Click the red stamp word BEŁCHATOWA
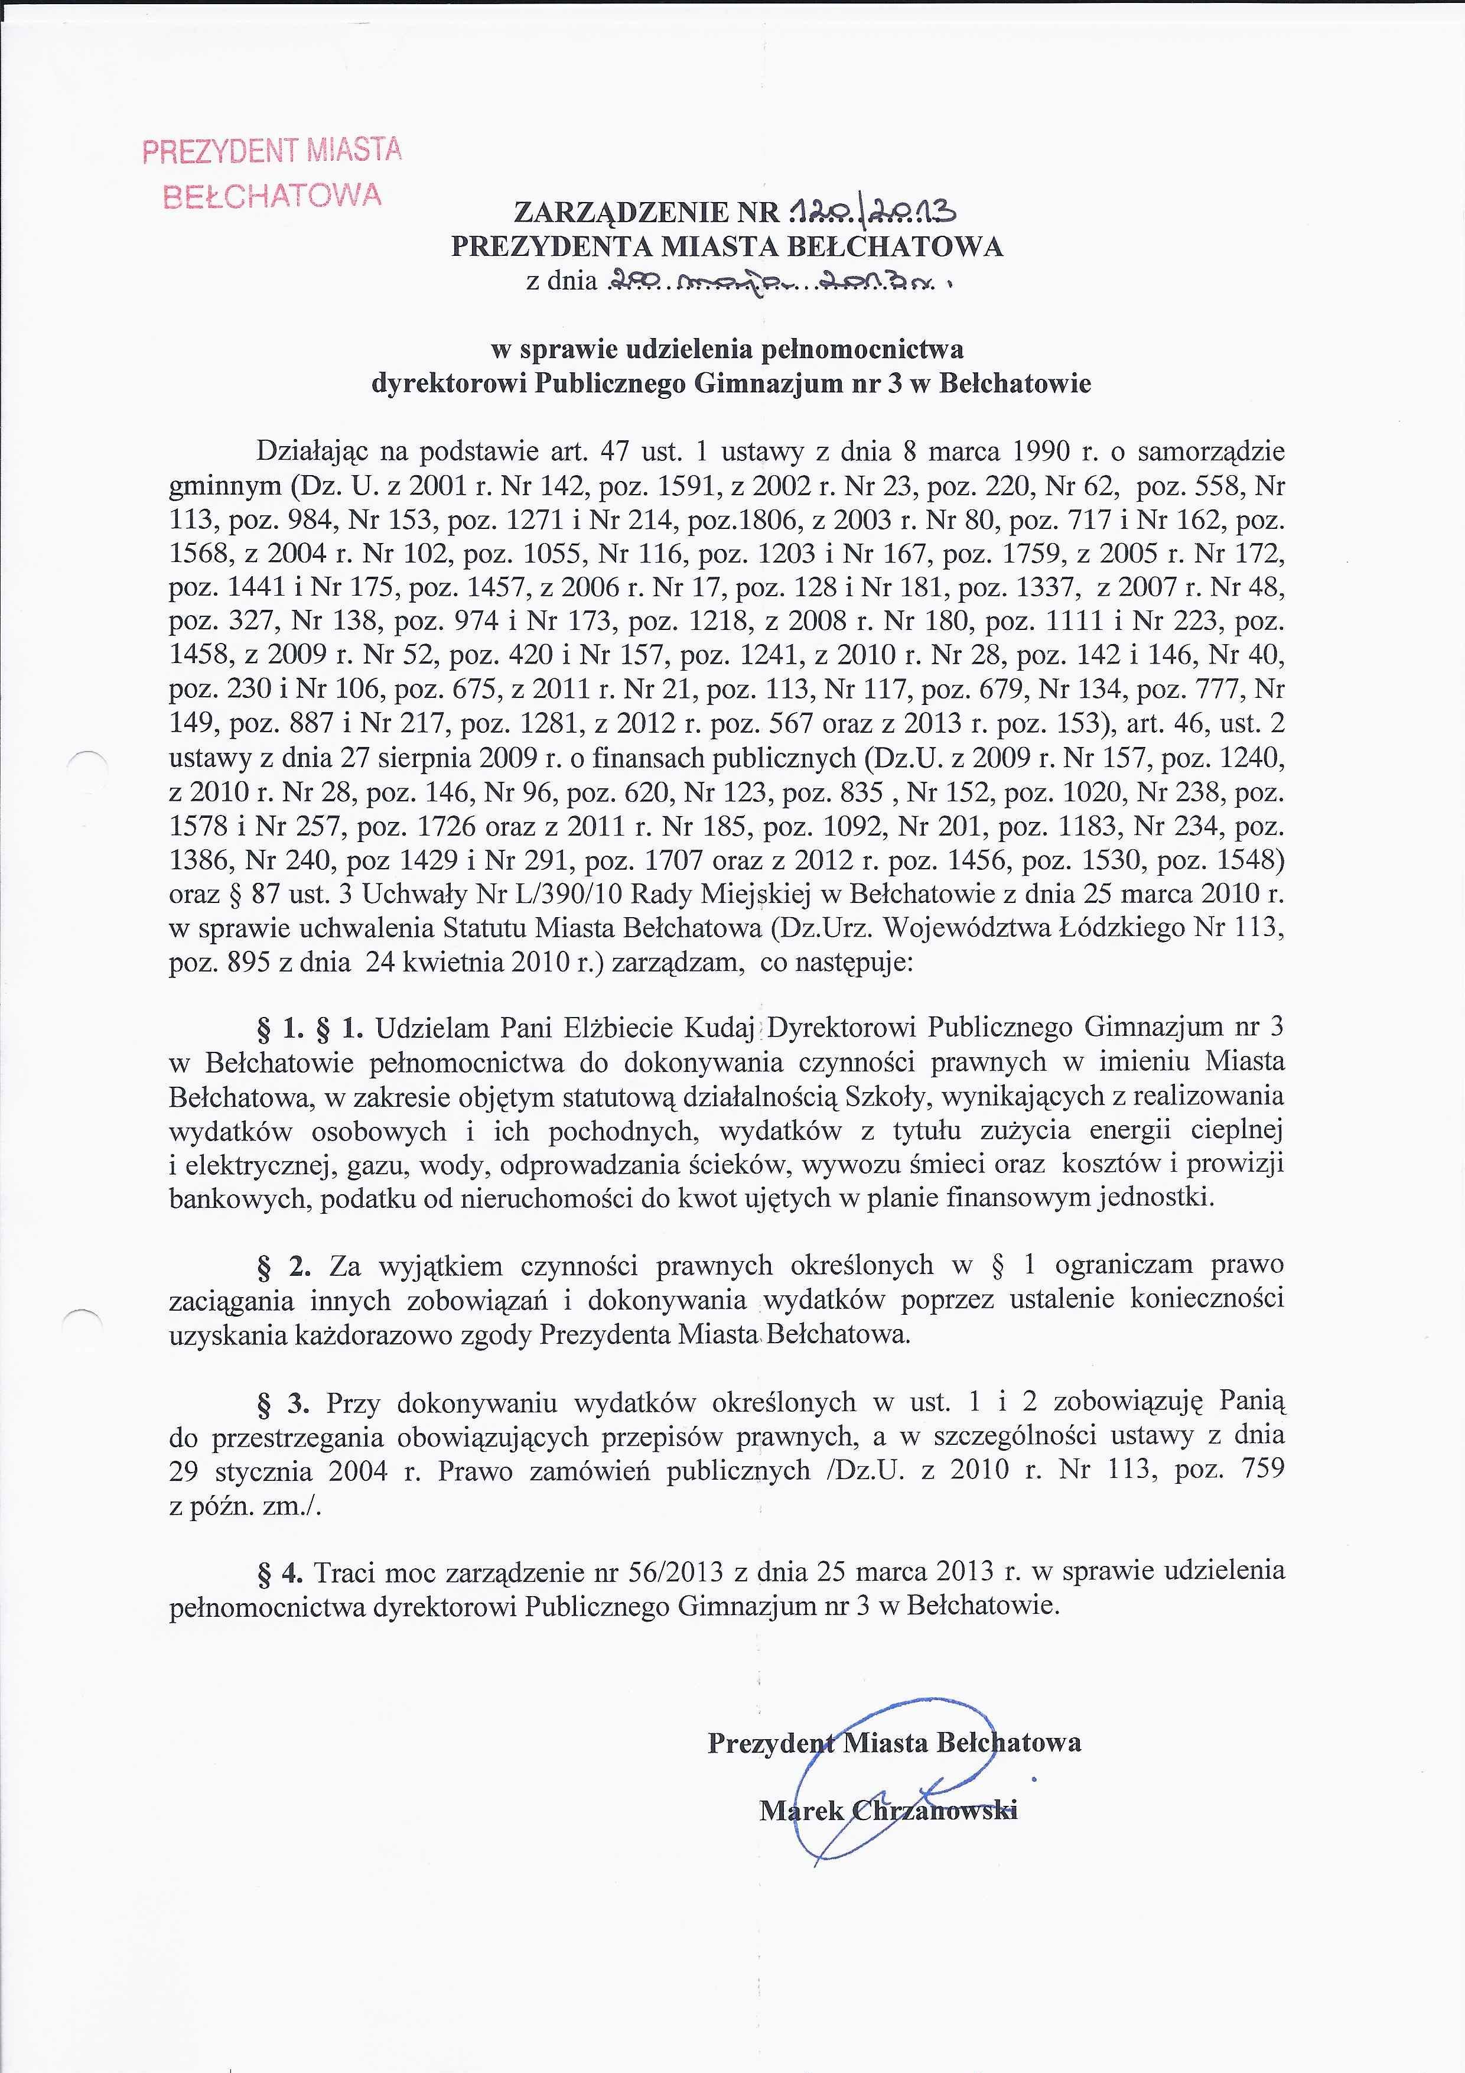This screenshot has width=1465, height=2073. [x=272, y=196]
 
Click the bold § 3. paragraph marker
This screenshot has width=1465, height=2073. [x=284, y=1403]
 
